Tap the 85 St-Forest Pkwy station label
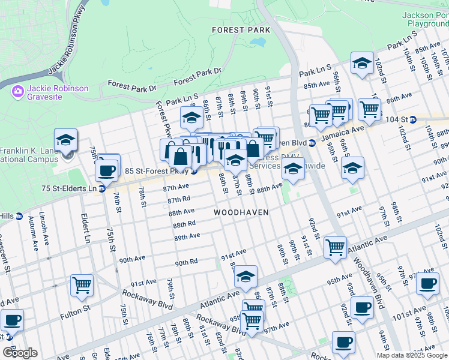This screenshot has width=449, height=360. coord(157,171)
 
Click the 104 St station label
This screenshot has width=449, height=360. coord(404,119)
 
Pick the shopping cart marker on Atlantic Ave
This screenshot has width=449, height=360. coord(335,247)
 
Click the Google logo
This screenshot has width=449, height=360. coord(20,352)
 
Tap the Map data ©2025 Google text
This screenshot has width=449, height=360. coord(411,355)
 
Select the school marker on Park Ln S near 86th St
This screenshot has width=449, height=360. coord(191,118)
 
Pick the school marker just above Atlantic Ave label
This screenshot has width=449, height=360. coord(245,277)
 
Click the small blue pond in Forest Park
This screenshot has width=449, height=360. coord(258,43)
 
